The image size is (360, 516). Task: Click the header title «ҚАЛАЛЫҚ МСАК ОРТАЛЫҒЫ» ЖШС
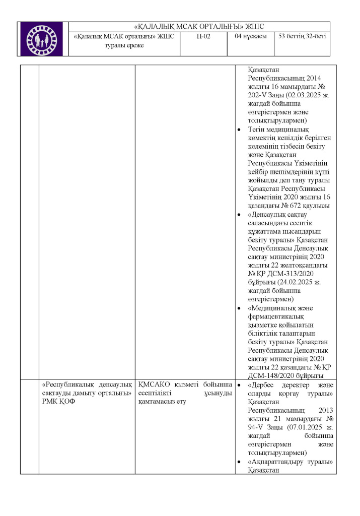pos(199,27)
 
